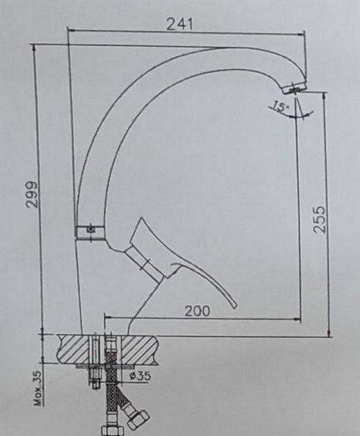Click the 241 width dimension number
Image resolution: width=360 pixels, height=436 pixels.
tap(179, 24)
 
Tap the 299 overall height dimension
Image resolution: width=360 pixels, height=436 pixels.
tap(31, 194)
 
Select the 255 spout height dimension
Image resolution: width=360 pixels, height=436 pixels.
tap(318, 219)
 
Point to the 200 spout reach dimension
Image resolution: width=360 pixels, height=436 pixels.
tap(197, 311)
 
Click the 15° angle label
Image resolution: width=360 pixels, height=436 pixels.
tap(280, 107)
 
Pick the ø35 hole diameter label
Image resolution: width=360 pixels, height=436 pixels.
tap(141, 376)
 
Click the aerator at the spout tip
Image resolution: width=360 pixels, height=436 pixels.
tap(295, 88)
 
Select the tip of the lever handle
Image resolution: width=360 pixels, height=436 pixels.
tap(235, 306)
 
